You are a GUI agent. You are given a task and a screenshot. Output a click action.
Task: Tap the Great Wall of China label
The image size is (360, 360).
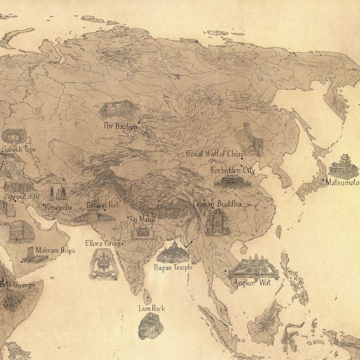[214, 154]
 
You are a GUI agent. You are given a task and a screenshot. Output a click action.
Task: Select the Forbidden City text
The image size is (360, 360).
[233, 170]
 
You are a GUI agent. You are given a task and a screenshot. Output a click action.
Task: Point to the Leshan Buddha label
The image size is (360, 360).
[217, 204]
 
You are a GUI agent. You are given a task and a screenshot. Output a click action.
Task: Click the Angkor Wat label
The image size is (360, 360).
[251, 283]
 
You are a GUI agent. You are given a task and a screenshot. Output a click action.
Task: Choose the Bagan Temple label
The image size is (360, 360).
[173, 268]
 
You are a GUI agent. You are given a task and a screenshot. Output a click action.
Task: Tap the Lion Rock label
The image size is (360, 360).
[151, 308]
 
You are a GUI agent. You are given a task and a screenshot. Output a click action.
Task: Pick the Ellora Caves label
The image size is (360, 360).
[103, 243]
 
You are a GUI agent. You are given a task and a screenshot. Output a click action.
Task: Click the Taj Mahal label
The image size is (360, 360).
[143, 219]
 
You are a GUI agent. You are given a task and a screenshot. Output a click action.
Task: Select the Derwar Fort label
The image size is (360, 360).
[102, 205]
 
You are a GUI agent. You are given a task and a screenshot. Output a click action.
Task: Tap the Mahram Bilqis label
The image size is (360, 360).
[55, 250]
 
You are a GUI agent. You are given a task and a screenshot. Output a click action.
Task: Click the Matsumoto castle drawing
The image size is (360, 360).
[344, 166]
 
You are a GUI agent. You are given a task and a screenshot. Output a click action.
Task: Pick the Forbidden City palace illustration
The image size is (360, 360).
[233, 182]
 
